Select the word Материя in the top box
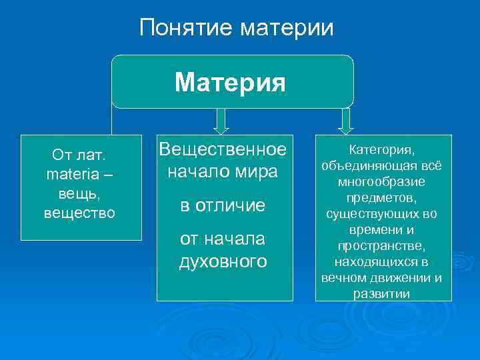230,83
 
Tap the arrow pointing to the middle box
222,121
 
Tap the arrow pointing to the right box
345,121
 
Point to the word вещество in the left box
79,213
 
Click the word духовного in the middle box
223,261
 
